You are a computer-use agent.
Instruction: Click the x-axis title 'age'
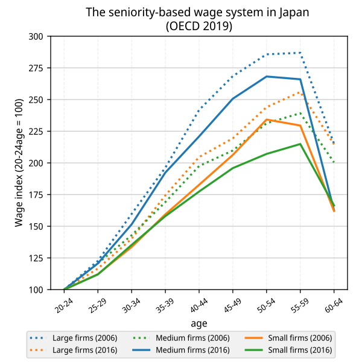(x=199, y=323)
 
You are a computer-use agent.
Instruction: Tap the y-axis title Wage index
(x=20, y=163)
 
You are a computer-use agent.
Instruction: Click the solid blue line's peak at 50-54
(x=267, y=77)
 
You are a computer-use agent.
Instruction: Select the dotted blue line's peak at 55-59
(x=300, y=53)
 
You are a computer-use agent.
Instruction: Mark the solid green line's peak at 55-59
(x=300, y=144)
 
